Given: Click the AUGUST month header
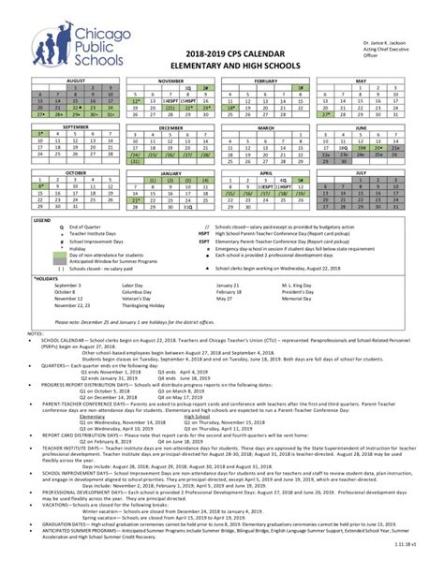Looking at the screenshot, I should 74,82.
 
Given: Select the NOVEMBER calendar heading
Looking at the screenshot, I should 170,82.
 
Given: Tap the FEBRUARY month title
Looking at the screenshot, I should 267,82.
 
